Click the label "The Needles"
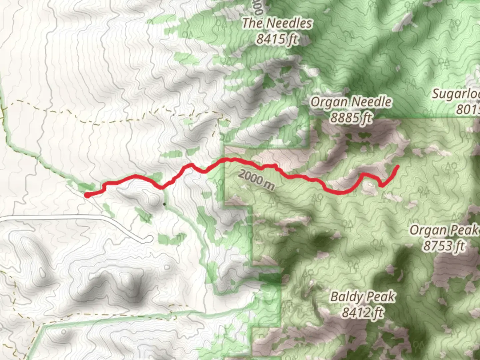[277, 23]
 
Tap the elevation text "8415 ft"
[277, 39]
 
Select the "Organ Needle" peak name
[351, 102]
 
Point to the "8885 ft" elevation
[351, 117]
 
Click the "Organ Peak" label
[445, 230]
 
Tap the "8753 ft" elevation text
[444, 246]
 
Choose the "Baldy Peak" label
[363, 296]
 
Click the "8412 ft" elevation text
[363, 313]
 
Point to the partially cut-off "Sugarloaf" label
[456, 94]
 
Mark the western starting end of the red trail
[87, 195]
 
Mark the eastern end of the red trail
[398, 166]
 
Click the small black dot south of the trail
[164, 204]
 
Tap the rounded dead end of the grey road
[150, 239]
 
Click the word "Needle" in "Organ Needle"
[372, 102]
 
